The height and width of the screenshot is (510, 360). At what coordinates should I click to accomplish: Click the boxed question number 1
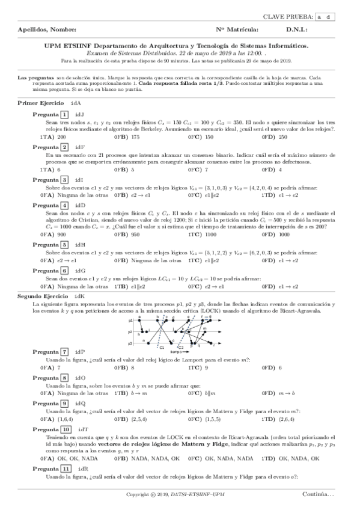tap(64, 114)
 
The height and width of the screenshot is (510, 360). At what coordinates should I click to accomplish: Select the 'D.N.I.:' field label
tap(298, 29)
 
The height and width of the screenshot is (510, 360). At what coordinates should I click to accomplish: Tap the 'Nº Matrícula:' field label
tap(237, 29)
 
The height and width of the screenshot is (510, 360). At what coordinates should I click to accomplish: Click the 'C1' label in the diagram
tap(161, 347)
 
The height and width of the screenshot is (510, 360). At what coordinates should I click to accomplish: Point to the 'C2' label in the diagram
tap(180, 348)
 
